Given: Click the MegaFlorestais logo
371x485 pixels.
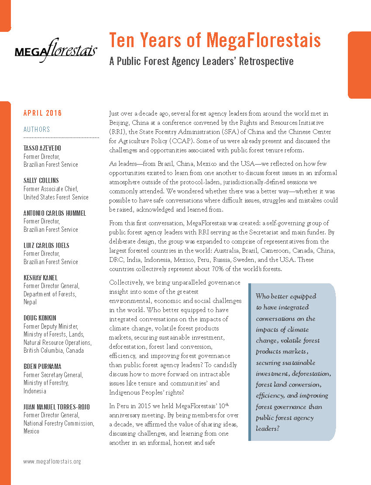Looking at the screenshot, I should point(56,49).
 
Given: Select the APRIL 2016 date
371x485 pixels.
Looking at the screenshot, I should point(42,114).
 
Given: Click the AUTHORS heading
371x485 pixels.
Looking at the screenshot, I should point(37,129).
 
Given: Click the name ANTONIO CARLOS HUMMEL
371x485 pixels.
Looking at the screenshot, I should point(54,213).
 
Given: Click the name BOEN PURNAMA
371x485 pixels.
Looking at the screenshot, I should point(42,367).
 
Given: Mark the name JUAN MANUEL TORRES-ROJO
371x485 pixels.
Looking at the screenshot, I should point(57,407).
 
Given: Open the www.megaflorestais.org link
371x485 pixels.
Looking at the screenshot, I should point(52,461).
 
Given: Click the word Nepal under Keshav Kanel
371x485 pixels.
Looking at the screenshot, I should point(30,302).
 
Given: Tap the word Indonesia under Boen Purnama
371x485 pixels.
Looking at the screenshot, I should point(34,391).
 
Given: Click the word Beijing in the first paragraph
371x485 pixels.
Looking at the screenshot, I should point(119,123).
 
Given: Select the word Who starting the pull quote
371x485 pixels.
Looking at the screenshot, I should point(264,296).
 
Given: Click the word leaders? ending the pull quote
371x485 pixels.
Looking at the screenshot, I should point(268,429).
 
